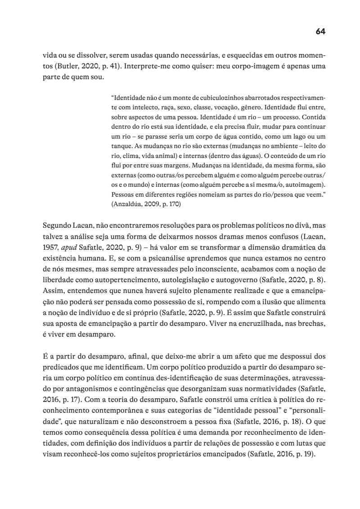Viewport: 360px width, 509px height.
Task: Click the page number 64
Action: coord(320,31)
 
